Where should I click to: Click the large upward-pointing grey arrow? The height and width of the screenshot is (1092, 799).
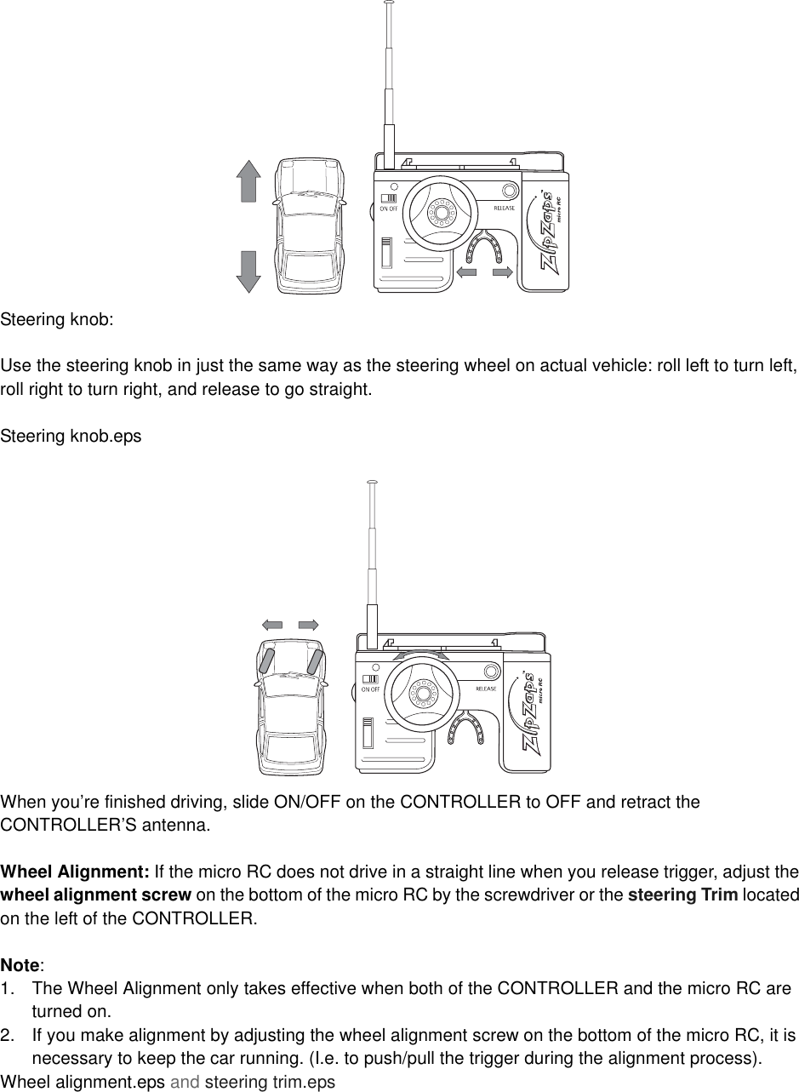click(248, 180)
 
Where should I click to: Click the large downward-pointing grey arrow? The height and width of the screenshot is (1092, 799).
click(248, 271)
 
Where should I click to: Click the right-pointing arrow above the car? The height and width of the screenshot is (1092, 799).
click(308, 624)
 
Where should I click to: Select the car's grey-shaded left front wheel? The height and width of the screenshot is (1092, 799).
click(266, 660)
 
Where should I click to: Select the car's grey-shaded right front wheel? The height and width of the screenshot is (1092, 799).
click(315, 660)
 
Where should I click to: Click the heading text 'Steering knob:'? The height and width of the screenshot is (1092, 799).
click(56, 321)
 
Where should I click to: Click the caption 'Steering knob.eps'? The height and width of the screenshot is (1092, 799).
click(71, 436)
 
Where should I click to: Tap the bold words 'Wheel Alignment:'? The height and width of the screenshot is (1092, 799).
click(75, 872)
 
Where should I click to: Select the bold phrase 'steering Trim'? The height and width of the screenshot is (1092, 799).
click(688, 895)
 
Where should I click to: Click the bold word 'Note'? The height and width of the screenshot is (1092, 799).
click(20, 965)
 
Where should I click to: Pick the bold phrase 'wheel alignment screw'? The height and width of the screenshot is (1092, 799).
click(95, 895)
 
